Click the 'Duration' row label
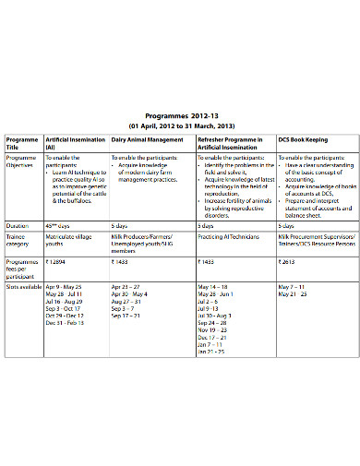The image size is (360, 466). tap(18, 225)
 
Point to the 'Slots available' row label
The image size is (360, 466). tap(23, 287)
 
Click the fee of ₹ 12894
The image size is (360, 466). tap(59, 262)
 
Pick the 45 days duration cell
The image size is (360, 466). tap(59, 225)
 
